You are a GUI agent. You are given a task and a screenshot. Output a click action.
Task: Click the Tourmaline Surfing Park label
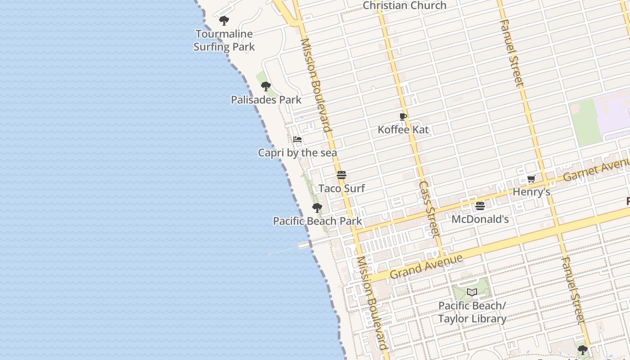[x=224, y=40]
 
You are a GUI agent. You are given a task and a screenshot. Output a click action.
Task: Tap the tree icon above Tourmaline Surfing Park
[x=224, y=20]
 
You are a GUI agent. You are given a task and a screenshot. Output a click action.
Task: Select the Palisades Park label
[x=266, y=100]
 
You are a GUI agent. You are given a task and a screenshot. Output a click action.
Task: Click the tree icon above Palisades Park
[x=266, y=86]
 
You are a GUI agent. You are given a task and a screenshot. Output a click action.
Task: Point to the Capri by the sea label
[x=297, y=153]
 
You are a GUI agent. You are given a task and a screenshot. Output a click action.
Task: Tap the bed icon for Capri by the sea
[x=297, y=139]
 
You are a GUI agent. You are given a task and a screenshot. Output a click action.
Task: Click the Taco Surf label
[x=342, y=188]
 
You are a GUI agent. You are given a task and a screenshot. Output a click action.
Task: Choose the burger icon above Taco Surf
[x=342, y=175]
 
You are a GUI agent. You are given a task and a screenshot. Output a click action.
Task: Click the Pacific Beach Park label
[x=317, y=221]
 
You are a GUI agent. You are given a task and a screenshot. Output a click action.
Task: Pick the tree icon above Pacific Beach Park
[x=317, y=207]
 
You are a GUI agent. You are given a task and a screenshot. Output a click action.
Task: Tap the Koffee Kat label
[x=403, y=130]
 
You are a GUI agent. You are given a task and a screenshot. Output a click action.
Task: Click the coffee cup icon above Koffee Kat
[x=403, y=117]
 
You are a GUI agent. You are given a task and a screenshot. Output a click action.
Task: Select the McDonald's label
[x=480, y=219]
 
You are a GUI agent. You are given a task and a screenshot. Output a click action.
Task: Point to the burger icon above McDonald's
[x=480, y=206]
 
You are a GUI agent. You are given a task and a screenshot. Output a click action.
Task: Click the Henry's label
[x=531, y=192]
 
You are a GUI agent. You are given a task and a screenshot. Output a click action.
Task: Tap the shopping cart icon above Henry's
[x=531, y=179]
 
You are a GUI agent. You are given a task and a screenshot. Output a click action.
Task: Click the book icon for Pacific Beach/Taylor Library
[x=472, y=292]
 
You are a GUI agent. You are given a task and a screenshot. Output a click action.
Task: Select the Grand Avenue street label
[x=426, y=266]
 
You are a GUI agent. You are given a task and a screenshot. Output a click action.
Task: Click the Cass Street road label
[x=429, y=209]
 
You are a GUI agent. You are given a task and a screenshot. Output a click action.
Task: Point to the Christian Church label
[x=405, y=5]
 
